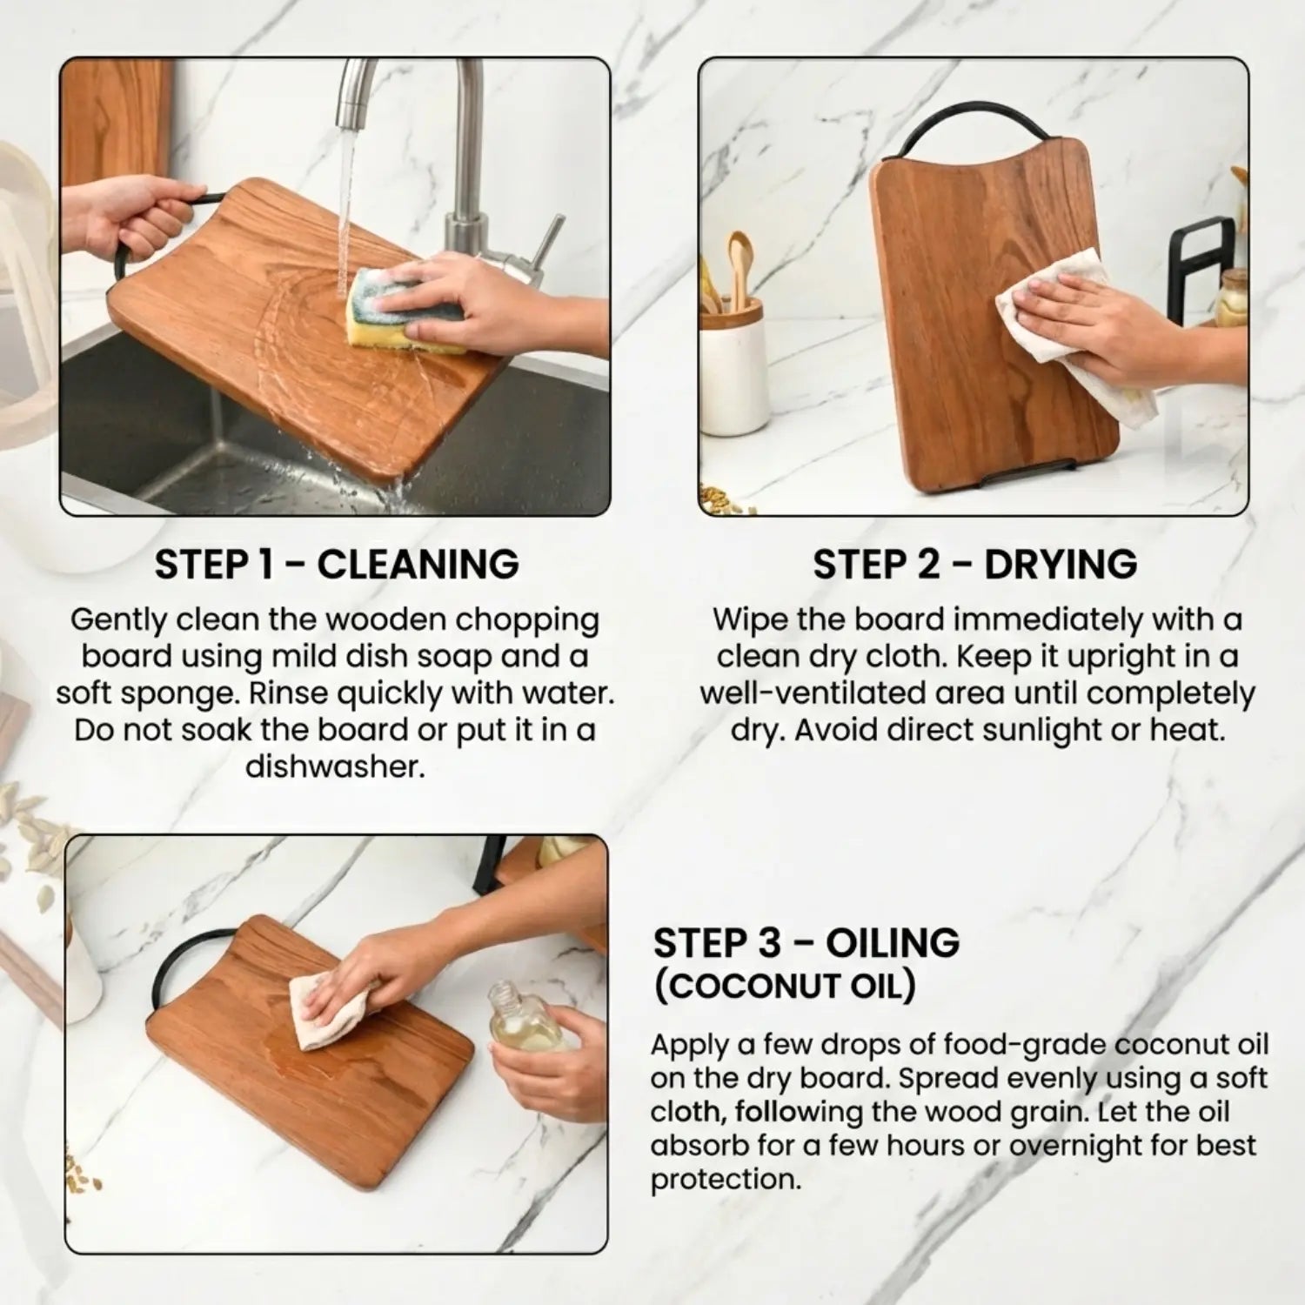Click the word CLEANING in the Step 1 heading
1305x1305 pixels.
pyautogui.click(x=418, y=565)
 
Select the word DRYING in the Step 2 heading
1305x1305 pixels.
pyautogui.click(x=1061, y=565)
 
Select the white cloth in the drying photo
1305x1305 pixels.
pyautogui.click(x=1074, y=336)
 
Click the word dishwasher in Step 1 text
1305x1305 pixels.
pyautogui.click(x=335, y=766)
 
